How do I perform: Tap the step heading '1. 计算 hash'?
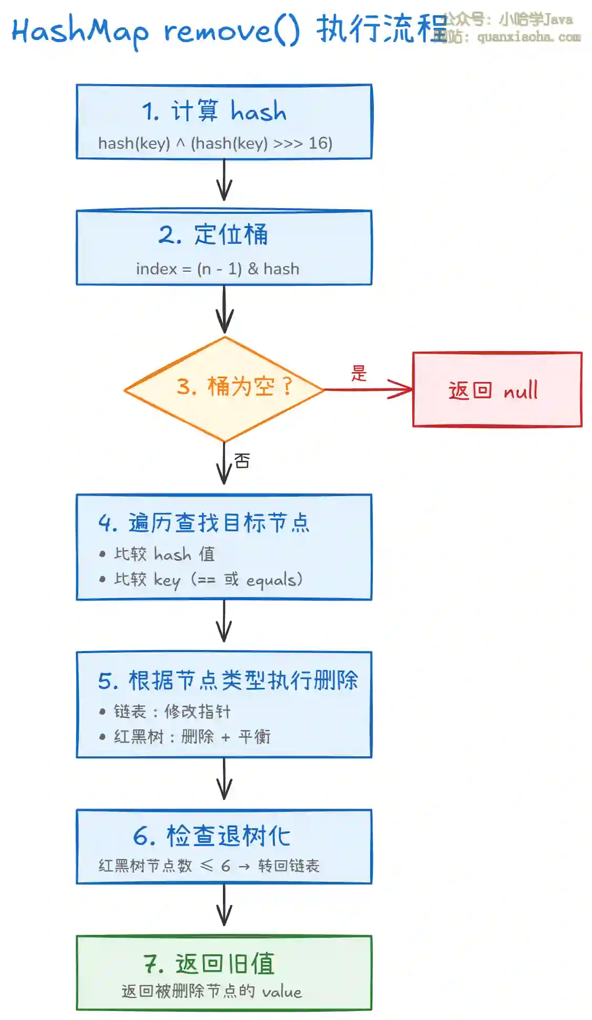(x=214, y=111)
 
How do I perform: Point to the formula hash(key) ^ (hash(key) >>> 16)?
(x=215, y=143)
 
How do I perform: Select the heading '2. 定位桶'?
(x=213, y=234)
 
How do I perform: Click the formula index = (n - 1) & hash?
(x=217, y=269)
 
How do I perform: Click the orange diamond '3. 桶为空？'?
(x=224, y=388)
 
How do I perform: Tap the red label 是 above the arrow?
(x=359, y=373)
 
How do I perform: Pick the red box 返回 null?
(x=497, y=389)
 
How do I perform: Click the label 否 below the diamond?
(x=242, y=461)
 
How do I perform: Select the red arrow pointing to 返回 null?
(x=368, y=389)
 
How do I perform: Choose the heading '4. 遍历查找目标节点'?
(x=204, y=523)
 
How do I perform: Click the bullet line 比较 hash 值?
(x=165, y=554)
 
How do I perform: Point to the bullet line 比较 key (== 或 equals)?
(x=208, y=580)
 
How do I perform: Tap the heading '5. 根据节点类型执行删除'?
(x=228, y=681)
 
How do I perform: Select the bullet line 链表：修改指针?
(x=172, y=712)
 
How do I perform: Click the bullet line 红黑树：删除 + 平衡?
(x=192, y=737)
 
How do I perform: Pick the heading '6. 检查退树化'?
(x=211, y=836)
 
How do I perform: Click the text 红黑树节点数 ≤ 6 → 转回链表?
(x=209, y=866)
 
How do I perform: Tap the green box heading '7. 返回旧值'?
(x=209, y=964)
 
